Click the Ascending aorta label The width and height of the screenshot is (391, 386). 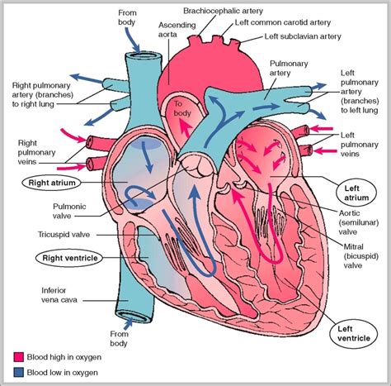tap(176, 31)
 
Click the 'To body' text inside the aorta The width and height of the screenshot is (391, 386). tap(181, 109)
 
